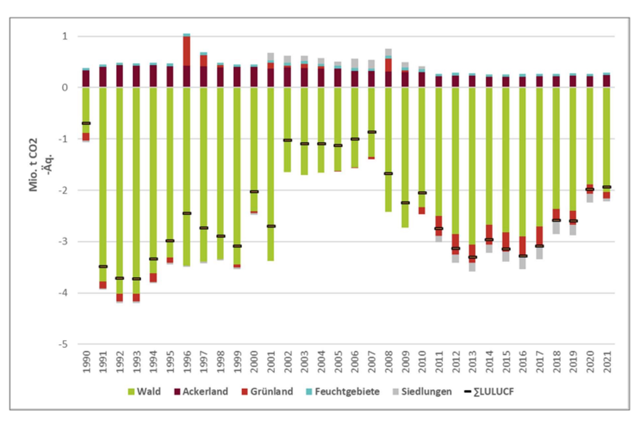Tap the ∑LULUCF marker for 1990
[x=86, y=123]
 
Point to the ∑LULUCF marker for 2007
[x=371, y=132]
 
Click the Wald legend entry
[x=144, y=392]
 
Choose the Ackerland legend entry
[x=201, y=392]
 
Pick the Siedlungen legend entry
[x=422, y=392]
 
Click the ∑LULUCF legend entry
[x=489, y=392]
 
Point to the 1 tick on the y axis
[x=65, y=36]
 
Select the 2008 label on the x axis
[x=389, y=362]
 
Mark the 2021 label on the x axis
[x=607, y=362]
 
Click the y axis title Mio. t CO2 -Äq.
[x=40, y=165]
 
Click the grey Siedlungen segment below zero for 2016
[x=522, y=263]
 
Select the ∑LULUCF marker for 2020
[x=590, y=189]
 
